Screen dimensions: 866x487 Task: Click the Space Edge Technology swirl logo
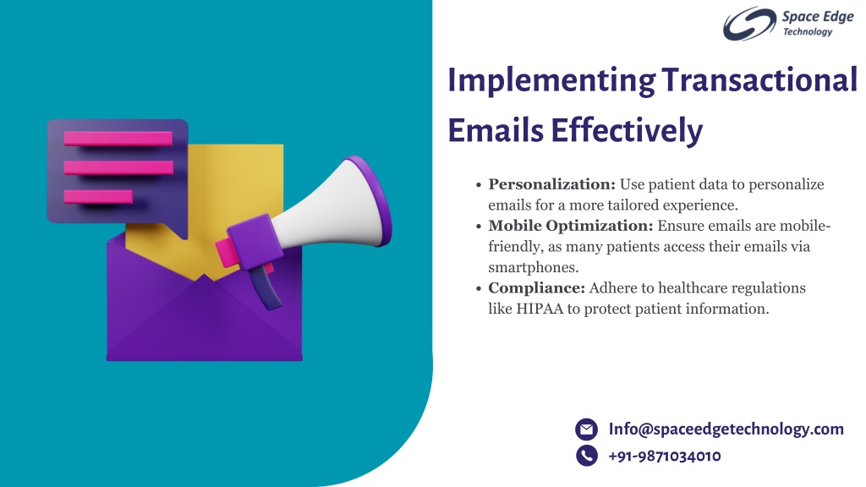pyautogui.click(x=749, y=24)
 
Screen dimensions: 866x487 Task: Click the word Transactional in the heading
pyautogui.click(x=759, y=80)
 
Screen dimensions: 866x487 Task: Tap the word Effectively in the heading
pyautogui.click(x=627, y=131)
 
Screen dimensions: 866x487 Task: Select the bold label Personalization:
pyautogui.click(x=551, y=184)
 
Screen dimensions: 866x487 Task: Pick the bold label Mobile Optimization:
pyautogui.click(x=571, y=226)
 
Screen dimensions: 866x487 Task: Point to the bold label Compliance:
pyautogui.click(x=536, y=288)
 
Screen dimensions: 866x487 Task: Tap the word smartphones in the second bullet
pyautogui.click(x=533, y=267)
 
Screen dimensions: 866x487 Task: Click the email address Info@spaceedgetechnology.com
pyautogui.click(x=726, y=429)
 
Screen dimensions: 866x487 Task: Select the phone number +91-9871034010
pyautogui.click(x=665, y=456)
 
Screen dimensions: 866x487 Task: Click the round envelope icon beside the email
pyautogui.click(x=587, y=429)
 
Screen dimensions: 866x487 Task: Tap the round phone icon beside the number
pyautogui.click(x=587, y=456)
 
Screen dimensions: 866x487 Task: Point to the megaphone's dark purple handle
pyautogui.click(x=266, y=287)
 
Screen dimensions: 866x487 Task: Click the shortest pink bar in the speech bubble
pyautogui.click(x=98, y=196)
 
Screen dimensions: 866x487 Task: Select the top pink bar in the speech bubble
pyautogui.click(x=118, y=138)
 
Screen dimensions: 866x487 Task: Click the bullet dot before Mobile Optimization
pyautogui.click(x=479, y=227)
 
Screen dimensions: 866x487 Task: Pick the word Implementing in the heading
pyautogui.click(x=551, y=81)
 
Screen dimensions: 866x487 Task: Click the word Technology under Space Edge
pyautogui.click(x=808, y=32)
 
